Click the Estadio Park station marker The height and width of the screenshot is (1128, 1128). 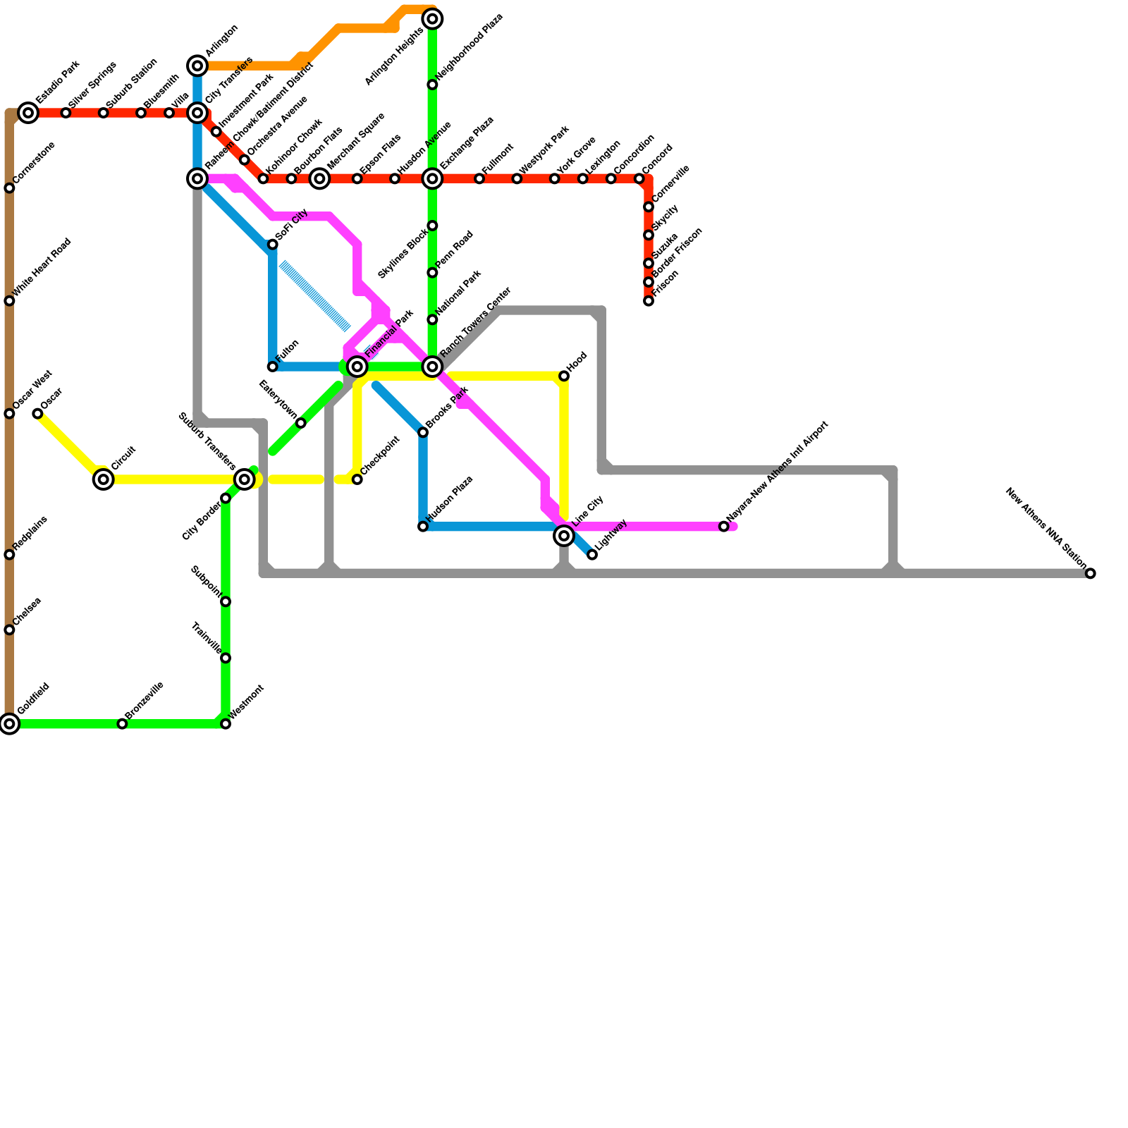(28, 113)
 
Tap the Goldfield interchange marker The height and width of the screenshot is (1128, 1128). (9, 723)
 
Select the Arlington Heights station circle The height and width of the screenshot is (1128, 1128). (433, 19)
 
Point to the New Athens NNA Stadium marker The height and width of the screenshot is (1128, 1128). (1091, 573)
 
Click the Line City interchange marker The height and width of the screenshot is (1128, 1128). (564, 536)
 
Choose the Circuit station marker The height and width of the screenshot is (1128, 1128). (104, 479)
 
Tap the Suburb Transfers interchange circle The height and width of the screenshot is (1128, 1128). (245, 479)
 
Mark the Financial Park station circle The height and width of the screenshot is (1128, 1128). (357, 366)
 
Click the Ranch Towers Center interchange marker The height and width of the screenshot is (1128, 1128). (433, 366)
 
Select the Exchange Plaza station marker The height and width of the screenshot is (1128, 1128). (433, 178)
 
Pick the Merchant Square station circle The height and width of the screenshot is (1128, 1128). (320, 178)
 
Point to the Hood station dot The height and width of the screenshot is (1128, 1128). (564, 376)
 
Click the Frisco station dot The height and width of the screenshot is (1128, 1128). (649, 301)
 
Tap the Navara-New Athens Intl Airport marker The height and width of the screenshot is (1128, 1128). (724, 527)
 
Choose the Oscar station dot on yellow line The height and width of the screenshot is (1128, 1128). (37, 414)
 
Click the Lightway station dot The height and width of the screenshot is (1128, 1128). (592, 555)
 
